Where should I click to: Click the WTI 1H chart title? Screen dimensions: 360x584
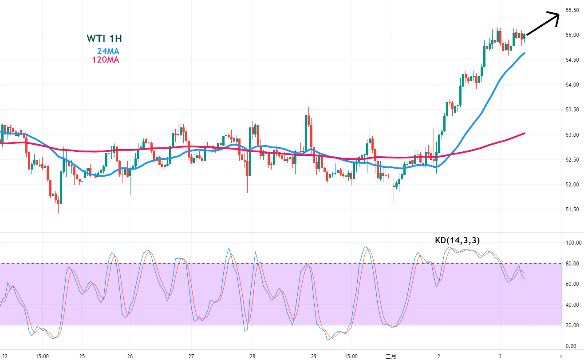coord(104,39)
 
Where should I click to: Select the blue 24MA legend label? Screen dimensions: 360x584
coord(108,51)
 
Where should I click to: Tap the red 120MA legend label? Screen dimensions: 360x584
coord(106,59)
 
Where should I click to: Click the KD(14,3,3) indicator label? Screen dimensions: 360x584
coord(457,241)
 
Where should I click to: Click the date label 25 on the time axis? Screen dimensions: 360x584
coord(82,356)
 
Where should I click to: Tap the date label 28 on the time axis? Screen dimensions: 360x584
coord(252,356)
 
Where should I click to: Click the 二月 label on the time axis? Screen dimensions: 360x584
coord(391,356)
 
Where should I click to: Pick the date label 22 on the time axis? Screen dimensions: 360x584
coord(4,356)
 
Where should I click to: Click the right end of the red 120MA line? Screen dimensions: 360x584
coord(525,133)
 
